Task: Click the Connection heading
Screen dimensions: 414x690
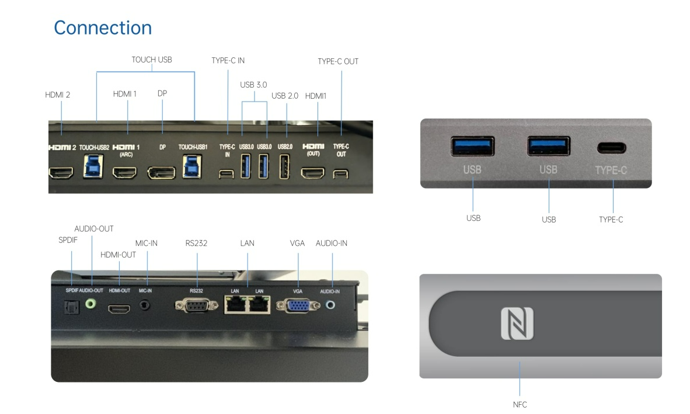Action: pyautogui.click(x=103, y=27)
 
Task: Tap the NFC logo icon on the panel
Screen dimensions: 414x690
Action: pyautogui.click(x=517, y=323)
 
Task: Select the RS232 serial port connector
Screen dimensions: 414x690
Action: pyautogui.click(x=196, y=305)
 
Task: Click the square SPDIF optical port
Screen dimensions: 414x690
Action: pyautogui.click(x=71, y=306)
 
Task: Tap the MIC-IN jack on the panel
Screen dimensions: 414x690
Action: pyautogui.click(x=146, y=305)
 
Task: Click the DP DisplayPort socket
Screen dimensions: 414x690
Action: pyautogui.click(x=162, y=173)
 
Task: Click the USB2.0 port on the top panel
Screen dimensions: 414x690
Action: pyautogui.click(x=285, y=166)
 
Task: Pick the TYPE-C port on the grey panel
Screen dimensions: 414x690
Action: pyautogui.click(x=611, y=148)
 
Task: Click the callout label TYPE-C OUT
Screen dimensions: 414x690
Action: pyautogui.click(x=338, y=61)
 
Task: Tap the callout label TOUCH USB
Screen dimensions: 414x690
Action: pyautogui.click(x=152, y=60)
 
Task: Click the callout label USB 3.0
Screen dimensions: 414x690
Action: pyautogui.click(x=253, y=85)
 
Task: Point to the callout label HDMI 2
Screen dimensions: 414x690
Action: pyautogui.click(x=58, y=94)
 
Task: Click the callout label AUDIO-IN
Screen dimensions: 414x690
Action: pyautogui.click(x=331, y=243)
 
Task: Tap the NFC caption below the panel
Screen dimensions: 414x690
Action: pyautogui.click(x=519, y=404)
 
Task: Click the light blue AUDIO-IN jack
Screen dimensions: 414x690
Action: pyautogui.click(x=332, y=304)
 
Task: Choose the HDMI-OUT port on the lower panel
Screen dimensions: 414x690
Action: pyautogui.click(x=119, y=306)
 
